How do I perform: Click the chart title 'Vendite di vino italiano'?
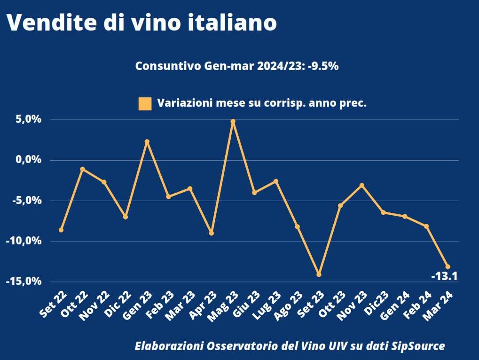coord(141,23)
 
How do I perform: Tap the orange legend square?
coord(145,103)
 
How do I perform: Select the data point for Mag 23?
coord(233,121)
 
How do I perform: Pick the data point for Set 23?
coord(319,274)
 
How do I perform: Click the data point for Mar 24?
coord(448,266)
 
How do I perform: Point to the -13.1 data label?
coord(444,276)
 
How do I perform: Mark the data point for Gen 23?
coord(147,141)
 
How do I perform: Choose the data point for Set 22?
coord(61,230)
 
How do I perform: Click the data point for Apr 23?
coord(212,233)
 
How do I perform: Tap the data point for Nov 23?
coord(361,185)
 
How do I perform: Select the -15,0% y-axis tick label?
coord(24,281)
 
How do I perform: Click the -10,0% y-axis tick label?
coord(24,241)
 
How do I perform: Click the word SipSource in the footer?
coord(418,346)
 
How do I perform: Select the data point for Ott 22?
coord(83,169)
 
